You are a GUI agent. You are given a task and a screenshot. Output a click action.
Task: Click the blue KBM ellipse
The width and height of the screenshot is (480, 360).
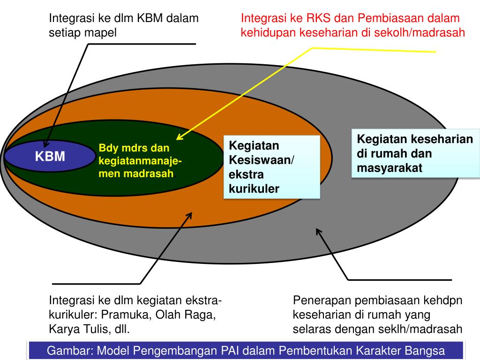[50, 157]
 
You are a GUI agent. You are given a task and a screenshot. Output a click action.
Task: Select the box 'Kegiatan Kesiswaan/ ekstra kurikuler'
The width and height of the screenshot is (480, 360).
[271, 167]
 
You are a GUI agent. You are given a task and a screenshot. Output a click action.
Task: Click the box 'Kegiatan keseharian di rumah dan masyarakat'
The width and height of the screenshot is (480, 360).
[415, 154]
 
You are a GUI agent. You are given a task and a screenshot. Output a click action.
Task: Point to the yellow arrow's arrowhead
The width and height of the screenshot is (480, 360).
[179, 137]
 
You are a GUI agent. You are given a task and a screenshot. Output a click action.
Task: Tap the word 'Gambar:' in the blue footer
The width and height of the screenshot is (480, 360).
[67, 351]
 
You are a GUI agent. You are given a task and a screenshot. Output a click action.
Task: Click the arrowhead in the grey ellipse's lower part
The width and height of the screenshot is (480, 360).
[319, 232]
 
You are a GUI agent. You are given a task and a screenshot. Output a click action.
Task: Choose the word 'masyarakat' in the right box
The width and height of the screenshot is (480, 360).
[390, 168]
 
